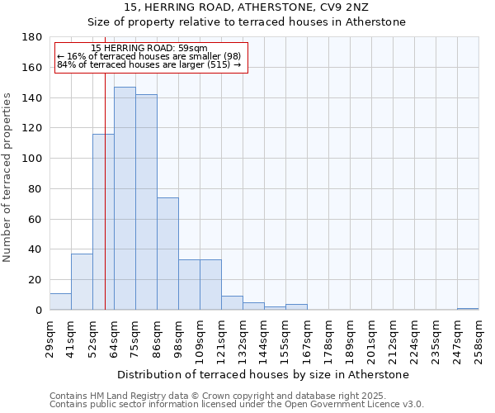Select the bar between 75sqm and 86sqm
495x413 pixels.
[146, 202]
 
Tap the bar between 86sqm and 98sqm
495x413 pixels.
[167, 254]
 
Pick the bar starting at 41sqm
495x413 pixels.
[82, 282]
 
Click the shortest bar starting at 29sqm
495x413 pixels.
[60, 301]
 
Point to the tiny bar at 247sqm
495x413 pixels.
[468, 309]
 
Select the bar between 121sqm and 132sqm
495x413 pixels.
[232, 303]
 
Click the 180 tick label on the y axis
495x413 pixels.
[32, 37]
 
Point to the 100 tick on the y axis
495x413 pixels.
[32, 159]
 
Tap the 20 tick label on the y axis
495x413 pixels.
[35, 280]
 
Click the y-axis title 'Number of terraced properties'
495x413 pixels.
[8, 177]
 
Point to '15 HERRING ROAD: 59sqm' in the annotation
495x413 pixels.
[149, 49]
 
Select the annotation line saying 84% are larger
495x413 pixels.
[148, 64]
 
